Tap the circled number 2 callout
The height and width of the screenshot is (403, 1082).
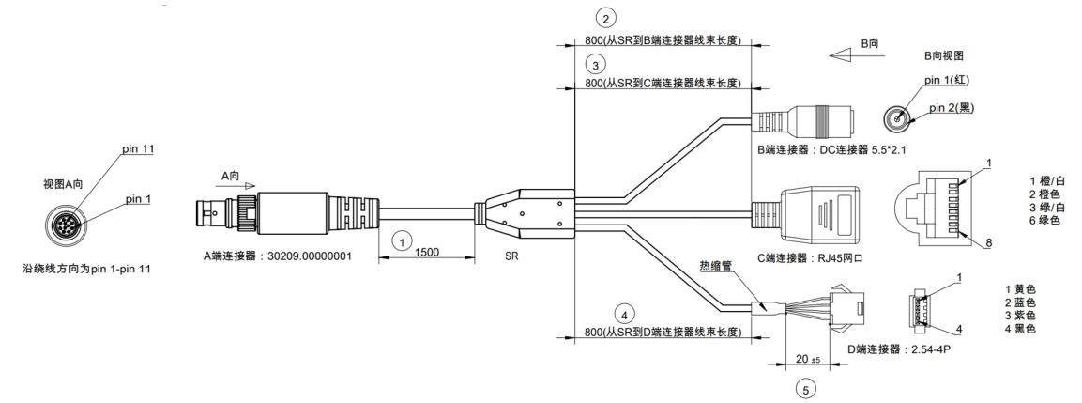coord(605,18)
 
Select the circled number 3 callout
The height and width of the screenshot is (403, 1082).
coord(596,65)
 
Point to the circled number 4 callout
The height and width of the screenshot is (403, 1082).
coord(624,315)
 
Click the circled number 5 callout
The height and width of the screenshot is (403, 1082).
coord(804,389)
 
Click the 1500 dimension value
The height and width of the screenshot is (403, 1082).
coord(427,253)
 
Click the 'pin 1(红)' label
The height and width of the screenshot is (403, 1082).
coord(948,81)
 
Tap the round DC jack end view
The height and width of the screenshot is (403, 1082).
coord(897,119)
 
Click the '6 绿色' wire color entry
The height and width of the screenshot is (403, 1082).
coord(1044,220)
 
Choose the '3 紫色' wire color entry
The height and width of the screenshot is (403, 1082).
coord(1021,316)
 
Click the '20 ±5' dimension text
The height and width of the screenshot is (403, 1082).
coord(801,359)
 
